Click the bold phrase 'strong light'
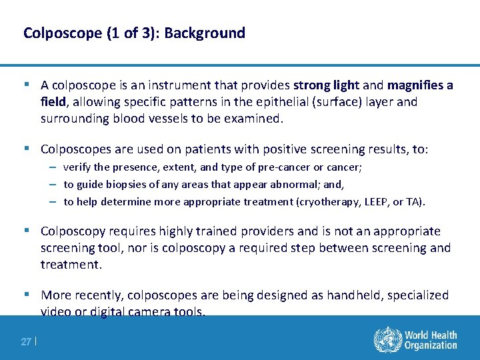(x=327, y=85)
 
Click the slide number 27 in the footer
(x=26, y=342)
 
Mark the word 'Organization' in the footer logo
(x=432, y=346)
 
